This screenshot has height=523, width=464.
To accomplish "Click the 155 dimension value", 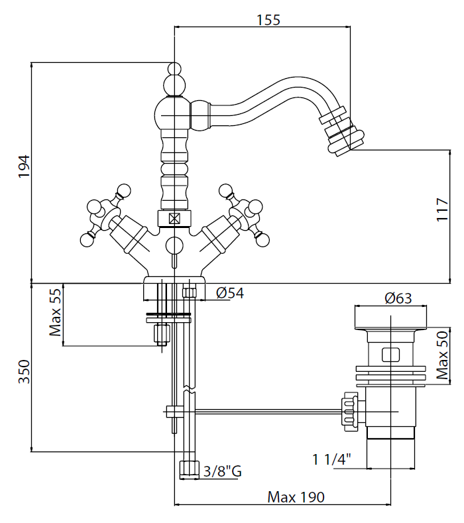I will [x=268, y=20].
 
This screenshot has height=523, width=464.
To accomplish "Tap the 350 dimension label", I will [x=23, y=373].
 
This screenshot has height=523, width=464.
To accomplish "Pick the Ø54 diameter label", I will [x=230, y=293].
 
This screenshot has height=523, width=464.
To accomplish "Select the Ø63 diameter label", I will [x=398, y=298].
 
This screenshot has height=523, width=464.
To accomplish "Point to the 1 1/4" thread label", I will [x=331, y=458].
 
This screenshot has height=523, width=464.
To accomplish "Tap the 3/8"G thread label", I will [x=223, y=472].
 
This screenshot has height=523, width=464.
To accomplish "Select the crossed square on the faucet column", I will [x=174, y=217].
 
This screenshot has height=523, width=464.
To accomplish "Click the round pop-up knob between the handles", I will [x=174, y=245].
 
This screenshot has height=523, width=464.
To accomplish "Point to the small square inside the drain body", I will [x=391, y=353].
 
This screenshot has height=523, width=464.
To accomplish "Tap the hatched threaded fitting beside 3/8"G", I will [x=189, y=468].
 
